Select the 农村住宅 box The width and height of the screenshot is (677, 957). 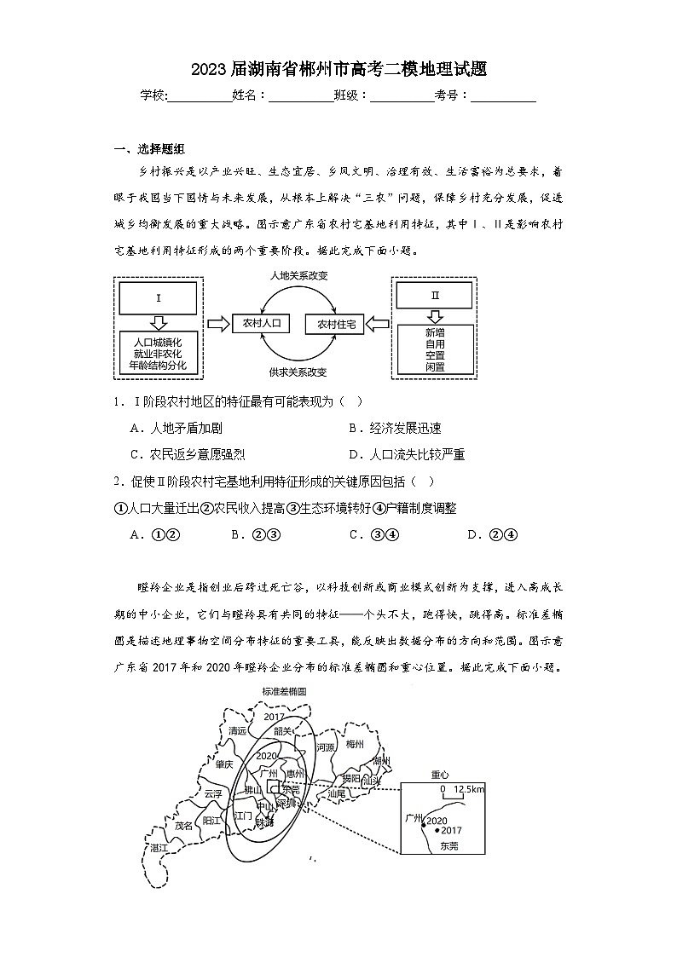point(340,324)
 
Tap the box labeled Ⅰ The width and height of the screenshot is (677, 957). point(159,298)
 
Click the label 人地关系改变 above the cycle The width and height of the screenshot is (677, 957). point(298,276)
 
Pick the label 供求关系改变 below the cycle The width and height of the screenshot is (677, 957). point(298,372)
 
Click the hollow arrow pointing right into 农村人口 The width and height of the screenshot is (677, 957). point(219,324)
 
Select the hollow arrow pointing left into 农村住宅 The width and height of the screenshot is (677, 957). point(378,325)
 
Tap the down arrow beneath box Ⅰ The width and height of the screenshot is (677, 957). point(159,323)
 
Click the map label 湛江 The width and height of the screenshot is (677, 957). point(159,848)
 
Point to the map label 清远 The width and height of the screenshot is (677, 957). point(238,731)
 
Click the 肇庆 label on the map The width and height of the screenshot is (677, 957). point(225,764)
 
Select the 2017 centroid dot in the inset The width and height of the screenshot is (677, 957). point(437,830)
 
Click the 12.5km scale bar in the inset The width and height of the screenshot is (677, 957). point(457,790)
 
